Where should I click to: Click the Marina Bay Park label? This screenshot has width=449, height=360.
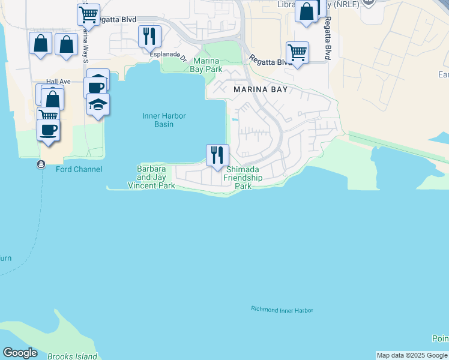[206, 65]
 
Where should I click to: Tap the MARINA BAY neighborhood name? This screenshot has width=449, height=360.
[261, 89]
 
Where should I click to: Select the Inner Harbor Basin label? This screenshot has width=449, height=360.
[164, 120]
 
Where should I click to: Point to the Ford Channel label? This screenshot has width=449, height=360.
[79, 169]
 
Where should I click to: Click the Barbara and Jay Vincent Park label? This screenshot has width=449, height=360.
[152, 178]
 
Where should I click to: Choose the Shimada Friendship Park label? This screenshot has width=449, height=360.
[243, 178]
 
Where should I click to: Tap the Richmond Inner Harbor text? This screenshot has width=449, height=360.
[282, 310]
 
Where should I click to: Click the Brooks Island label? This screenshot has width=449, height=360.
[72, 356]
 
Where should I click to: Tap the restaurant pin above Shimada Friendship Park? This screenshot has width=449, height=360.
[217, 155]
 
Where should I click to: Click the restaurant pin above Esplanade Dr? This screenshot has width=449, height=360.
[149, 36]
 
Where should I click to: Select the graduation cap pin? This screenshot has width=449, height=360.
[98, 104]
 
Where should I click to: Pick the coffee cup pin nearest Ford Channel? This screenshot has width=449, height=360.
[48, 128]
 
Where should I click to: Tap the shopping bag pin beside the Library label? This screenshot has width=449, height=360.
[306, 11]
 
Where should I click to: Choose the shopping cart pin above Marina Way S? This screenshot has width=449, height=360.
[89, 13]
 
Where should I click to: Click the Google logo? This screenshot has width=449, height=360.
[20, 353]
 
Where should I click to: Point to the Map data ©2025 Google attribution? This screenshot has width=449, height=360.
[412, 355]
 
